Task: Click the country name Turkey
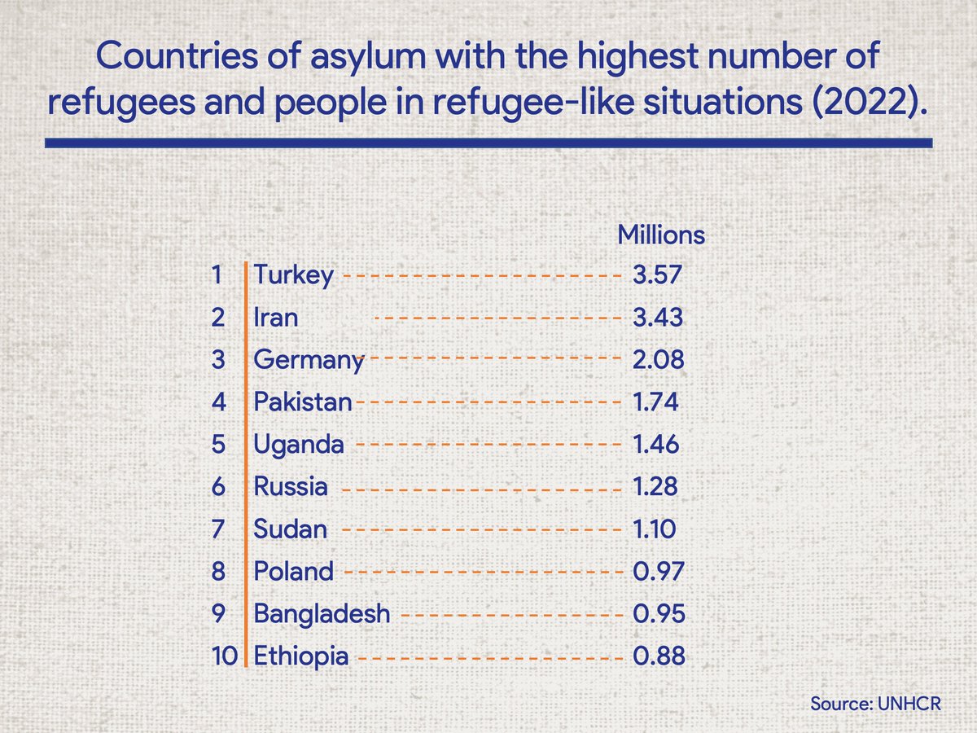tap(293, 275)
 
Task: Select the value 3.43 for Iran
tap(657, 317)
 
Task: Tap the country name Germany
tap(309, 360)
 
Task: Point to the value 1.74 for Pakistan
tap(655, 402)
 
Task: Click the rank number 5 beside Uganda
tap(217, 445)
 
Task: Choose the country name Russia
tap(291, 487)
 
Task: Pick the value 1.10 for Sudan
tap(654, 529)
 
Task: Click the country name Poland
tap(293, 572)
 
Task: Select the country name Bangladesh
tap(322, 614)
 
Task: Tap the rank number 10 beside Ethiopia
tap(222, 656)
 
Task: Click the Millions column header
tap(661, 235)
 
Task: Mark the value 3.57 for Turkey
tap(656, 275)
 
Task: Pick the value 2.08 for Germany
tap(657, 360)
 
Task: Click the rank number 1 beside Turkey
tap(217, 275)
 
